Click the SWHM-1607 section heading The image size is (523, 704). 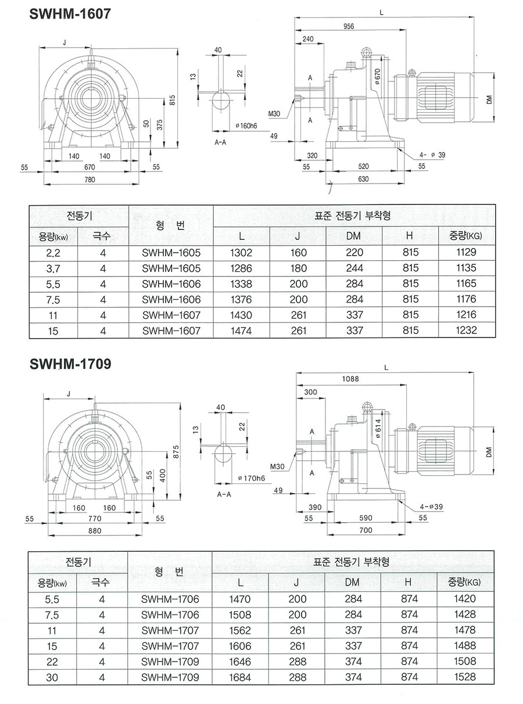pyautogui.click(x=70, y=15)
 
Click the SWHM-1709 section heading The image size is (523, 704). pyautogui.click(x=70, y=364)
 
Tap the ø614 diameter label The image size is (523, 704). pyautogui.click(x=377, y=430)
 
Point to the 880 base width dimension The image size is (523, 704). pyautogui.click(x=94, y=530)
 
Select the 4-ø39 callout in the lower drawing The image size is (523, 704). pyautogui.click(x=431, y=507)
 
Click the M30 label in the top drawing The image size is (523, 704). pyautogui.click(x=274, y=114)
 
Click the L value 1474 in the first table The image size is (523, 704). pyautogui.click(x=241, y=331)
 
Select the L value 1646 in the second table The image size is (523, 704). pyautogui.click(x=240, y=661)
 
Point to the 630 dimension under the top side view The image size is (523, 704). pyautogui.click(x=363, y=179)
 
